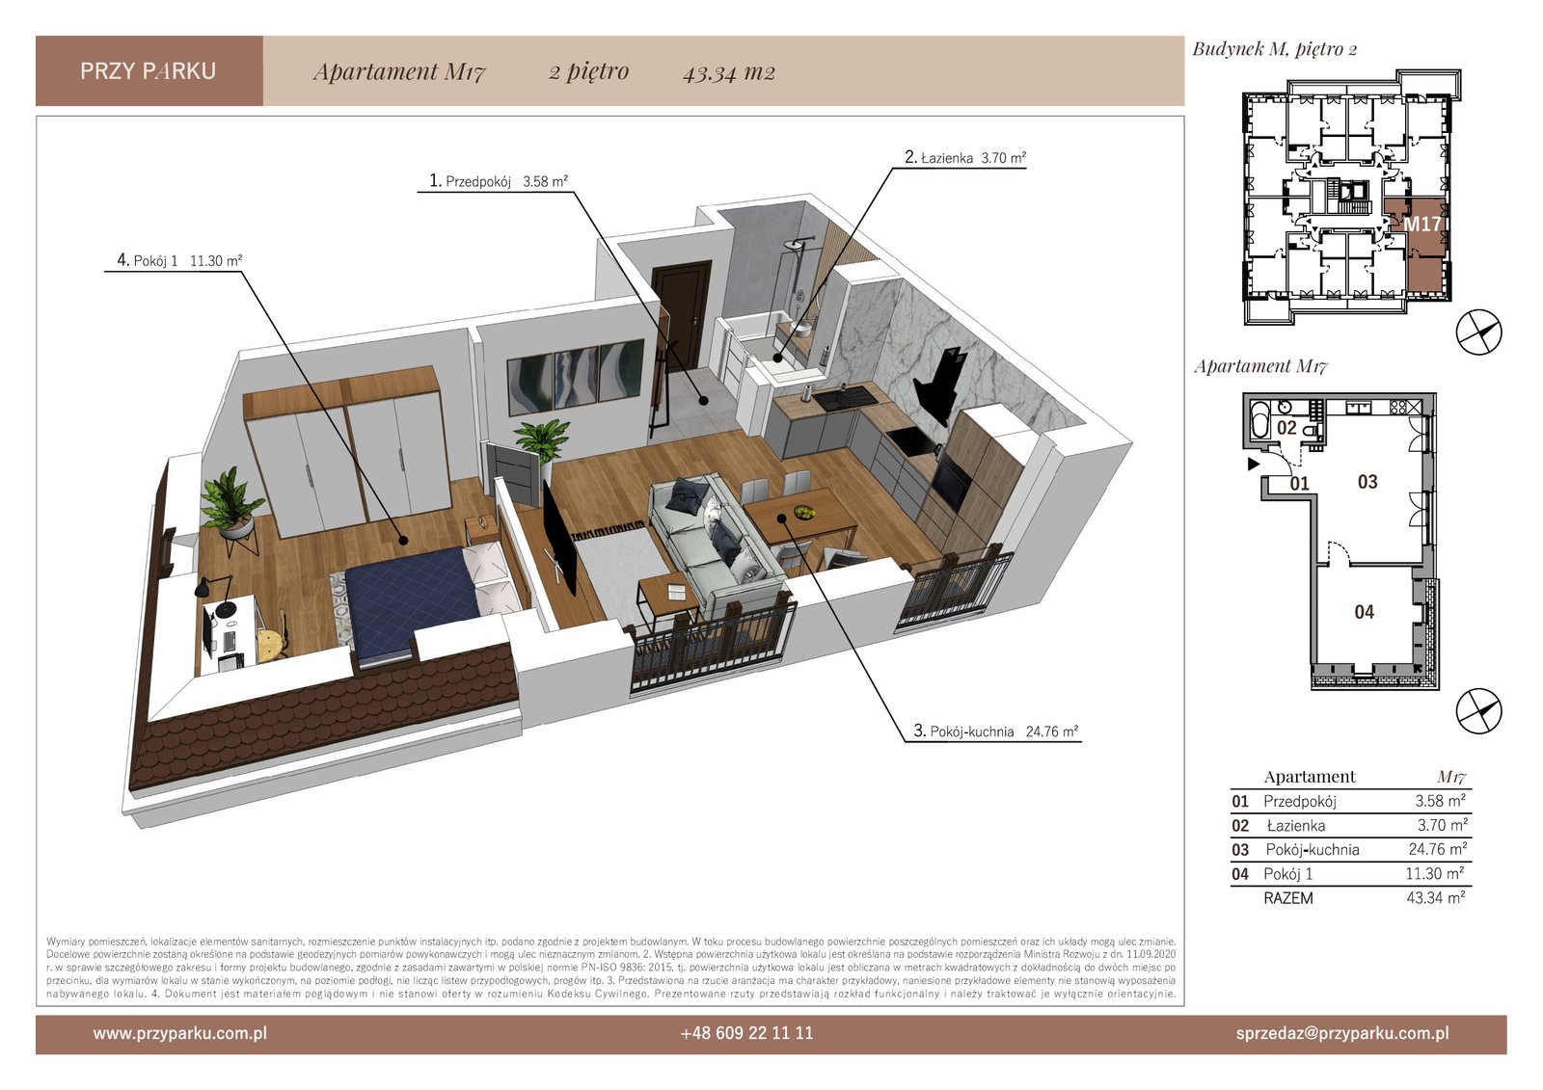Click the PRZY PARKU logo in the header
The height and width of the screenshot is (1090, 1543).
149,71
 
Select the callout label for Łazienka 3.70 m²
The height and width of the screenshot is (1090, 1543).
965,158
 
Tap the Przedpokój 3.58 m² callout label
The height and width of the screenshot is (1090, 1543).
498,181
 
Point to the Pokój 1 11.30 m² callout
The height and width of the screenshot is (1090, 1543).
179,260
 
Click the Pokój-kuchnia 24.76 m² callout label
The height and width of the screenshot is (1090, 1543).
995,731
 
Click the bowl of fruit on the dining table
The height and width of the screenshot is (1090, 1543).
803,512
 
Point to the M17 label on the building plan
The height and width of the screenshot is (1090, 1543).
1421,225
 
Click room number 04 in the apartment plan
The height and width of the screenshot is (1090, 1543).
1364,611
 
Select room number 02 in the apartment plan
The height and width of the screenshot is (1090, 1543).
1286,428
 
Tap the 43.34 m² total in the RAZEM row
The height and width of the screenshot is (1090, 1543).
1436,897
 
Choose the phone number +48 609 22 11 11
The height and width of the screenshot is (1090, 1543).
746,1033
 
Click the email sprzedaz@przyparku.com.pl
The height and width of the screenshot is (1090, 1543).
1342,1033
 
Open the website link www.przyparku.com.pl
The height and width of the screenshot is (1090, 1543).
179,1033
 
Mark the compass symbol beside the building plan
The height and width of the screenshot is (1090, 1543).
1478,332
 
